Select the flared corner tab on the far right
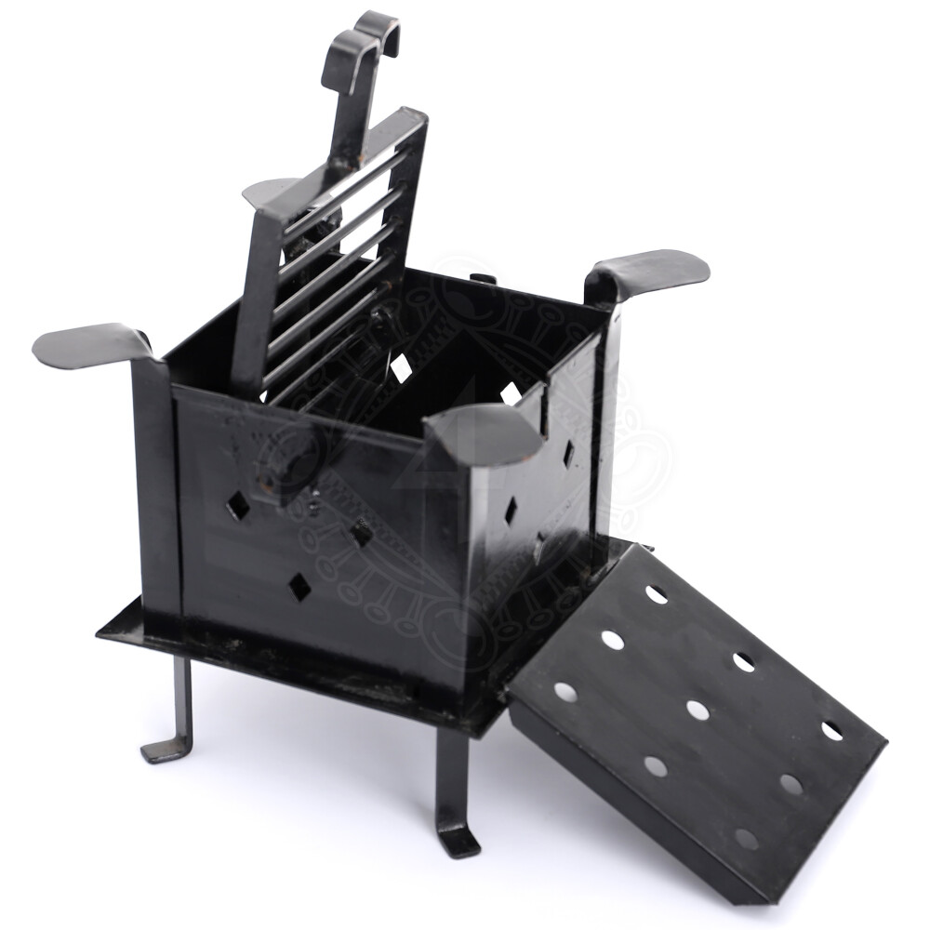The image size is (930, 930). (x=651, y=270)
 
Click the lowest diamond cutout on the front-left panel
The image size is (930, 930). (x=299, y=587)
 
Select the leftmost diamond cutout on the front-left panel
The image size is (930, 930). (x=238, y=506)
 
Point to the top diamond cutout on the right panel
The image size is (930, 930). (x=567, y=454)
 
